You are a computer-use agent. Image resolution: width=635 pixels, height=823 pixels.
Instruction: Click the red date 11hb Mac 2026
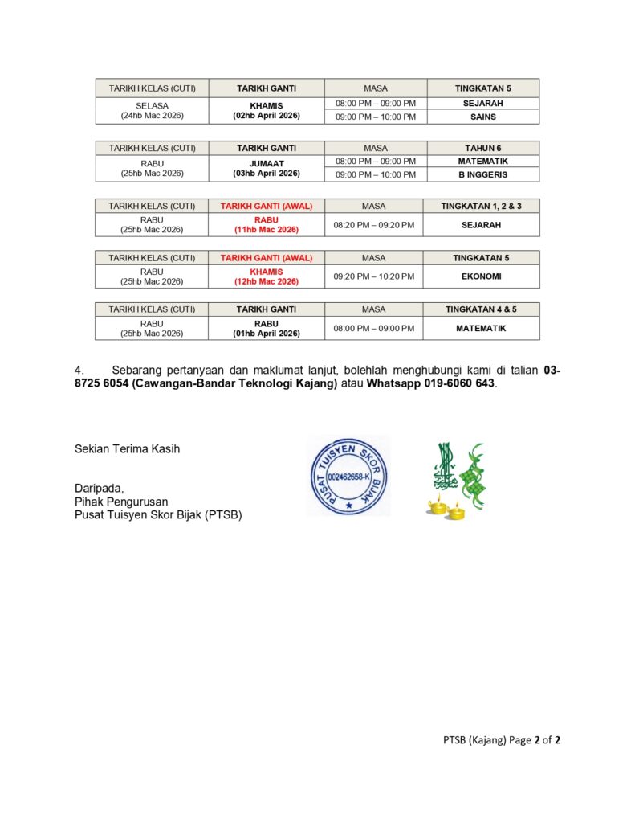(266, 230)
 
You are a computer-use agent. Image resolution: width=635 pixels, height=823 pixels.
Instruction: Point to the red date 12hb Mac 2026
(266, 281)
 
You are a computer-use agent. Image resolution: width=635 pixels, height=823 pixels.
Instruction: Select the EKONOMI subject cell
(482, 276)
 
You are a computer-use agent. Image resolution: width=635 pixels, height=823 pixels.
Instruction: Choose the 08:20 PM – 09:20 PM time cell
(374, 225)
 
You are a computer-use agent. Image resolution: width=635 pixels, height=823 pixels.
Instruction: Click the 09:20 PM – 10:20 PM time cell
(374, 276)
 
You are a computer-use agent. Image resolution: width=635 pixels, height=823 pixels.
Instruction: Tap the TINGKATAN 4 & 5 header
(482, 309)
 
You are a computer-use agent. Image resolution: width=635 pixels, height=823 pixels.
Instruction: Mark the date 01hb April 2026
(266, 333)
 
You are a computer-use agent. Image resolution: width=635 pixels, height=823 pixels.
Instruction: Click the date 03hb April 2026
(266, 174)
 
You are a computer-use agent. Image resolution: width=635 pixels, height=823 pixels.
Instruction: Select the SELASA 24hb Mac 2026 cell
(152, 110)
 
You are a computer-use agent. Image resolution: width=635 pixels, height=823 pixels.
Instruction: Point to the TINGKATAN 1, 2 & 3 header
(482, 206)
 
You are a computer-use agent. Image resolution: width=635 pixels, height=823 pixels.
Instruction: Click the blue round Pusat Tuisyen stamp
(348, 476)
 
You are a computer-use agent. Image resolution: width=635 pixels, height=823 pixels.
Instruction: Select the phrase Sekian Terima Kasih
(127, 448)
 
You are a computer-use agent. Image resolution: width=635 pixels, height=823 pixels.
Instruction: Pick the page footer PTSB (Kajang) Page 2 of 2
(501, 740)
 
